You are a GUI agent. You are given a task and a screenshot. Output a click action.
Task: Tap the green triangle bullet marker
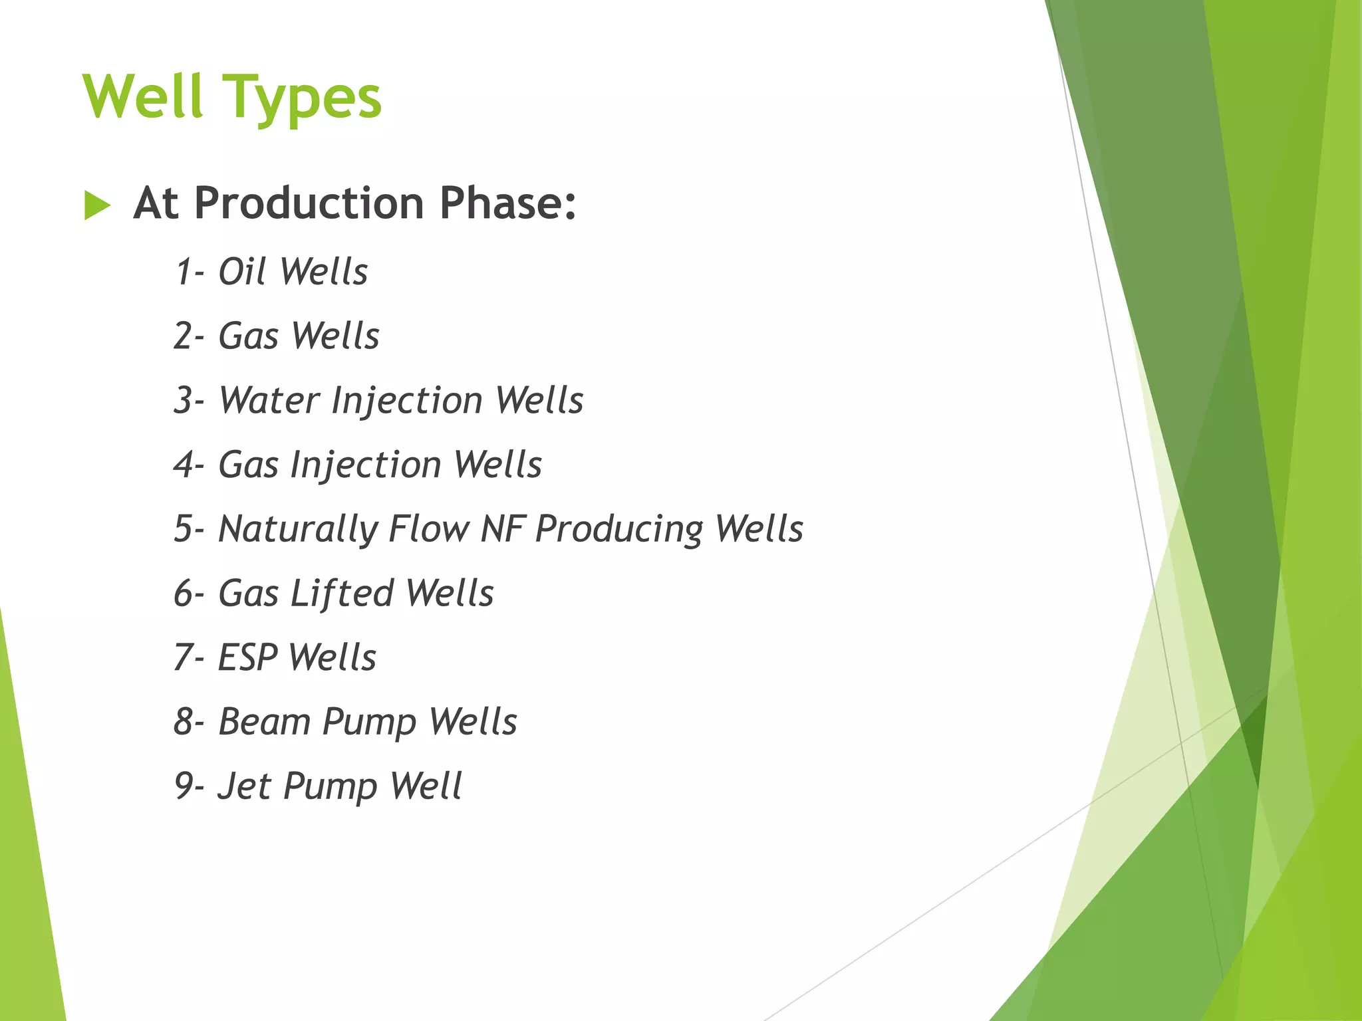[97, 205]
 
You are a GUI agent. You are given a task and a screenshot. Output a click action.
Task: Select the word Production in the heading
[309, 203]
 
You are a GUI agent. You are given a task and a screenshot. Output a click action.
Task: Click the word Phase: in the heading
[507, 203]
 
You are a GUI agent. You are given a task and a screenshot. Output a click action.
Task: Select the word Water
[269, 400]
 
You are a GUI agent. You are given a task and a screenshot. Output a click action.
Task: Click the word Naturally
[297, 530]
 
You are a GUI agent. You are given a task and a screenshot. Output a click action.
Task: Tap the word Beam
[263, 722]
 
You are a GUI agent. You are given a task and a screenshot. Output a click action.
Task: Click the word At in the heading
[155, 203]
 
